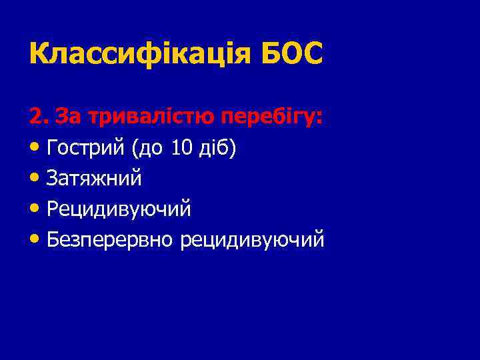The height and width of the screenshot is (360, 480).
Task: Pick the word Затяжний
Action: click(95, 179)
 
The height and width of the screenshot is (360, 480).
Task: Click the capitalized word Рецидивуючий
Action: click(119, 209)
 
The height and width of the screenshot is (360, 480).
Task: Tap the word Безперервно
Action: click(111, 239)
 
